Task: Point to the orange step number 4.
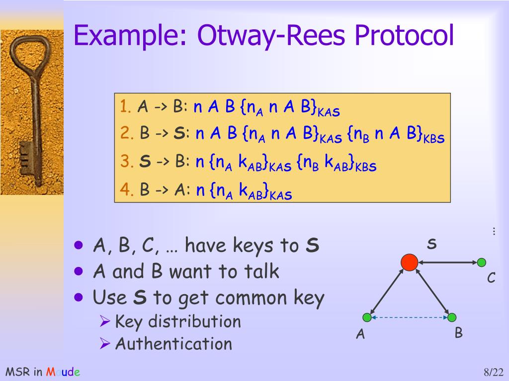tap(125, 190)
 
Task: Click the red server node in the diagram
tap(409, 262)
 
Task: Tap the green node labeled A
tap(367, 317)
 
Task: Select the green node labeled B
tap(451, 317)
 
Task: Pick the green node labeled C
tap(481, 262)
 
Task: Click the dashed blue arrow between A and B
tap(409, 317)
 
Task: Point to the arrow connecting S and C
tap(447, 262)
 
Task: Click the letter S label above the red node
tap(431, 244)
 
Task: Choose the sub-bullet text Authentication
tap(173, 344)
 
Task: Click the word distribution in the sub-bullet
tap(194, 321)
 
